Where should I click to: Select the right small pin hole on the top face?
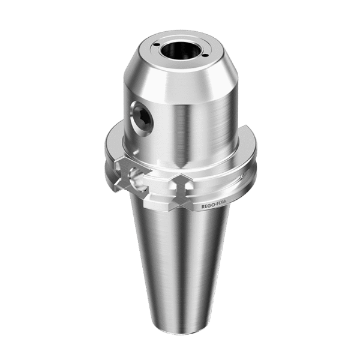[x=205, y=55]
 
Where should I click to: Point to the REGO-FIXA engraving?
[x=214, y=204]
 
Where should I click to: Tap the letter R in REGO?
[x=203, y=206]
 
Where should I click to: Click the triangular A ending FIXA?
[x=224, y=201]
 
